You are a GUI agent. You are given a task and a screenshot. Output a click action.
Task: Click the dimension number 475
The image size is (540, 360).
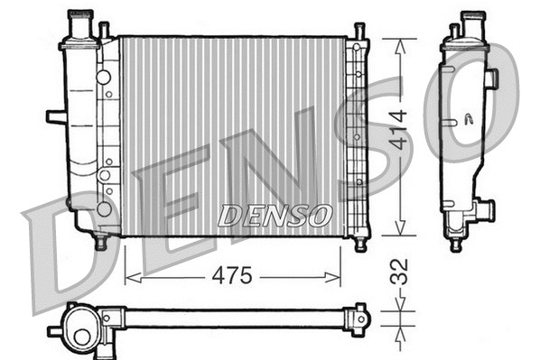pos(232,275)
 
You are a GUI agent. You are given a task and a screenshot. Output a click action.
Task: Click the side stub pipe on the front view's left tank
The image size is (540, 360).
pos(55,116)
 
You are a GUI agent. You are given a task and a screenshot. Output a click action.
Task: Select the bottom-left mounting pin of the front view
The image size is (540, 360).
pos(100,241)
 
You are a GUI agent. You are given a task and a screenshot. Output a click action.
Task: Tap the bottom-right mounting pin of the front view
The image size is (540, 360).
pos(360,242)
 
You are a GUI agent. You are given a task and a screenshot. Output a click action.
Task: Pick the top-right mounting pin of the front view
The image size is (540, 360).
pos(359,32)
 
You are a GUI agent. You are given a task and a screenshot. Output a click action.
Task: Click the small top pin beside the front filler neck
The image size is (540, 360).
pos(104,29)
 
